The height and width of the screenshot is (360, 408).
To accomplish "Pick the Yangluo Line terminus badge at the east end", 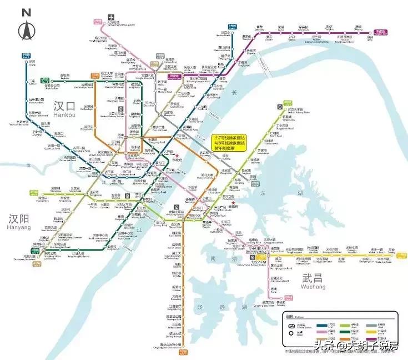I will click(380, 32).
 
